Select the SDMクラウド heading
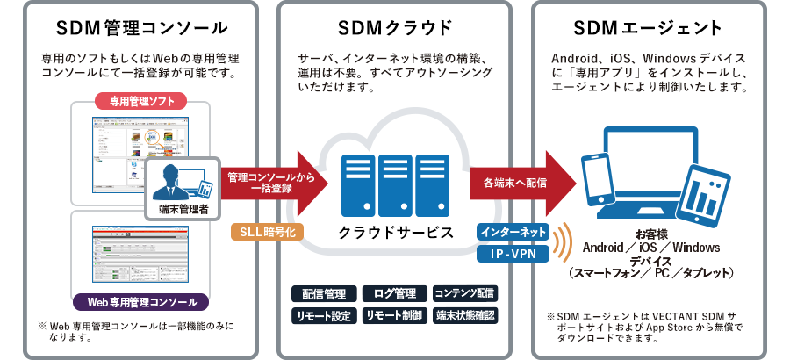pyautogui.click(x=395, y=26)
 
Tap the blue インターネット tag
pyautogui.click(x=513, y=233)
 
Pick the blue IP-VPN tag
pyautogui.click(x=513, y=255)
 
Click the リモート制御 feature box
pyautogui.click(x=394, y=315)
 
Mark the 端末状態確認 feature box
pyautogui.click(x=465, y=315)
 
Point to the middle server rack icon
pyautogui.click(x=396, y=184)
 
